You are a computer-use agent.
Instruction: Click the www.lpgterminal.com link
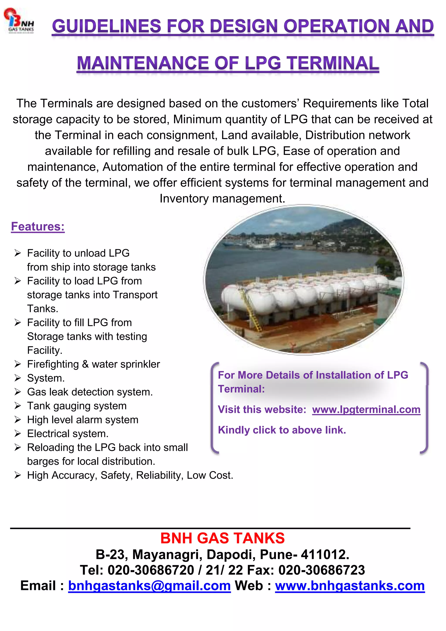coord(366,409)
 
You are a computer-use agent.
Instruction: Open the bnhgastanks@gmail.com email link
coord(149,586)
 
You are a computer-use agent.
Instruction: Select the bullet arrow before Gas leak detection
coord(18,392)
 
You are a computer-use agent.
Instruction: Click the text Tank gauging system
coord(77,406)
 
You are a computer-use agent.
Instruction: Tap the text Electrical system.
coord(68,434)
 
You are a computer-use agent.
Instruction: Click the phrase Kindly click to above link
coord(282,430)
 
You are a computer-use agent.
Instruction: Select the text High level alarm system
coord(83,420)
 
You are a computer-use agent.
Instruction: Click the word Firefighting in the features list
coord(53,364)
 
